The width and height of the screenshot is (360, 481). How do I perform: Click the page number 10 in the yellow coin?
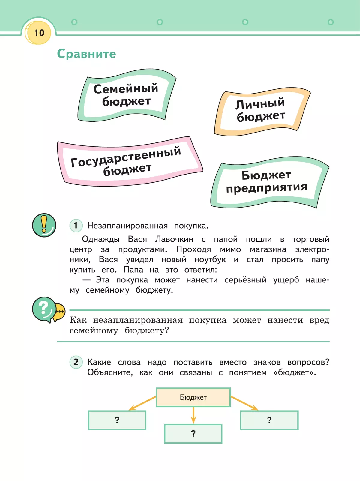click(39, 33)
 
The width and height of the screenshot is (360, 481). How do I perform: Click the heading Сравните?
click(86, 54)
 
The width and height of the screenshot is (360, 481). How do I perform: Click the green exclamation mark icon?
click(44, 225)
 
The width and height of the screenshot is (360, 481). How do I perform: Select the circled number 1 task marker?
click(76, 225)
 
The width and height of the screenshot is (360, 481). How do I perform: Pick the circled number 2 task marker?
click(76, 362)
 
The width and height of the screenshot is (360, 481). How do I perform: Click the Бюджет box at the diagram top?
click(193, 397)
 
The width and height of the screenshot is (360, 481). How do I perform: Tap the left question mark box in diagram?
click(117, 420)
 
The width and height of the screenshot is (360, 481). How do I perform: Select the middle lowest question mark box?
click(193, 434)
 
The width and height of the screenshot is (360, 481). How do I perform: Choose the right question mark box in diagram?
click(269, 420)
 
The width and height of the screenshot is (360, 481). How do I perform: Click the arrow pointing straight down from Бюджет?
click(193, 415)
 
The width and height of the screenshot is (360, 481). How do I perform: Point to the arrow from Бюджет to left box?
click(142, 403)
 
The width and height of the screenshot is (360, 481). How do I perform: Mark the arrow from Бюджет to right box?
click(244, 403)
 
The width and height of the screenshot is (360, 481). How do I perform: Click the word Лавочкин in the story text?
click(174, 239)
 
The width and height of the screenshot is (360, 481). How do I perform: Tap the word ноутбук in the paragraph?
click(210, 260)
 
